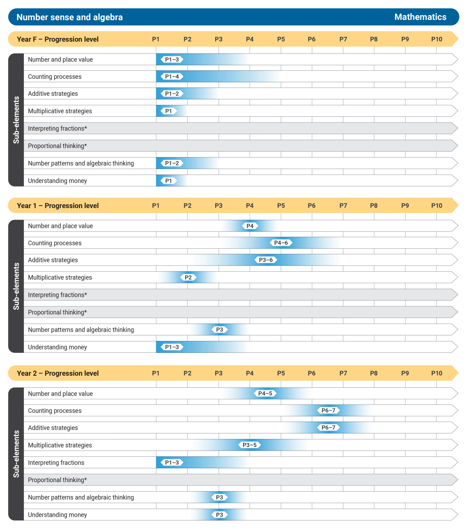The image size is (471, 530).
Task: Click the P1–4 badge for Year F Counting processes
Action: coord(172,77)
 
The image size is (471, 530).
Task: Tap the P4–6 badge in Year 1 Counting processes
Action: coord(281,243)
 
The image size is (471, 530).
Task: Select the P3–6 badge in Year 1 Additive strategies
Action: coord(266,260)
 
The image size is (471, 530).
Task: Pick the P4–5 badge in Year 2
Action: coord(265,393)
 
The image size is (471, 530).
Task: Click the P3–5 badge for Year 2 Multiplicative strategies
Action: coord(249,445)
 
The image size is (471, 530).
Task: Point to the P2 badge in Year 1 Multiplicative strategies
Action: coord(188,277)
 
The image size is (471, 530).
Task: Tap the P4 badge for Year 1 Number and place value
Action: coord(250,226)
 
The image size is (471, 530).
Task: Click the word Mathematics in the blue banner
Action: coord(420,17)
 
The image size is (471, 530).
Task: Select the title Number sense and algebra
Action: coord(70,17)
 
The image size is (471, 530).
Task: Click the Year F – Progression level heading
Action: coord(58,39)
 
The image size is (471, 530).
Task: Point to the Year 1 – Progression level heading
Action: coord(58,206)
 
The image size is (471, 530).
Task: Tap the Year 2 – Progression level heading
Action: coord(58,373)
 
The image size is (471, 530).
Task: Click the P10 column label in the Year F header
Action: coord(436,39)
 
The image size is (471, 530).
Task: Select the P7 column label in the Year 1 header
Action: coord(343,206)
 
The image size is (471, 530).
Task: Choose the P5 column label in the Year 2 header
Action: coord(281,373)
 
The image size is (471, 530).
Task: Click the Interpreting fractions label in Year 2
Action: coord(56,463)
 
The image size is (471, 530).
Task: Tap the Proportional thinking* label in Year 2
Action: coord(57,480)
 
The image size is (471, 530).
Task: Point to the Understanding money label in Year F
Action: coord(57,181)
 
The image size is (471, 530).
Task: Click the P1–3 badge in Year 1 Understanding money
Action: coord(172,347)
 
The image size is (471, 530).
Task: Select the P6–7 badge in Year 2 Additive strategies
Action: coord(328,428)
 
